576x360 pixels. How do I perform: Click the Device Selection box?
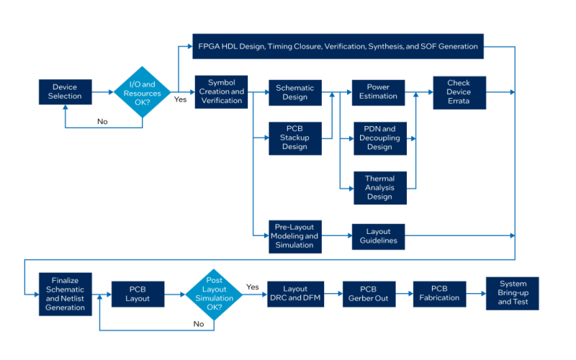(x=66, y=92)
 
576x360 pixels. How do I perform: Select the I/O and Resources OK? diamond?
(x=142, y=92)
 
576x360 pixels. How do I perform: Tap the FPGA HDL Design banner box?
(x=338, y=46)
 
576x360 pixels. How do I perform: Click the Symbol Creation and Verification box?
(x=221, y=92)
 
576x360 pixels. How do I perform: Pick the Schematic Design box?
(x=295, y=93)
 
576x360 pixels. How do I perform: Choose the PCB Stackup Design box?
(x=295, y=138)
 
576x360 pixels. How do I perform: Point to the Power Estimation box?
(x=379, y=93)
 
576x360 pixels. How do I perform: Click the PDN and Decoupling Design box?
(x=380, y=138)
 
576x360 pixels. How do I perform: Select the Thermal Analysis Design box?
(x=380, y=188)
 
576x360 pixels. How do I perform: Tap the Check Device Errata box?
(x=459, y=93)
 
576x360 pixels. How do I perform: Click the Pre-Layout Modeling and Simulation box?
(x=295, y=237)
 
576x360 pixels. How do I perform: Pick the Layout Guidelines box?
(x=379, y=237)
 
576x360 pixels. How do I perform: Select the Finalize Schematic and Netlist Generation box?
(x=66, y=294)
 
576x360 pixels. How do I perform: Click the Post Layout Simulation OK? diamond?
(x=214, y=294)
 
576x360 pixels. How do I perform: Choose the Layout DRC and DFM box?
(x=296, y=294)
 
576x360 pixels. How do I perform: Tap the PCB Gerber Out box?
(x=369, y=294)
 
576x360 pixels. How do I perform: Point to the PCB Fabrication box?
(x=440, y=294)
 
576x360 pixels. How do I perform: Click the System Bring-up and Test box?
(x=513, y=293)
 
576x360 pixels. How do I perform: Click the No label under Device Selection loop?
(x=102, y=122)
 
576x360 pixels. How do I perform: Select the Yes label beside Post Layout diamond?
(x=253, y=287)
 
